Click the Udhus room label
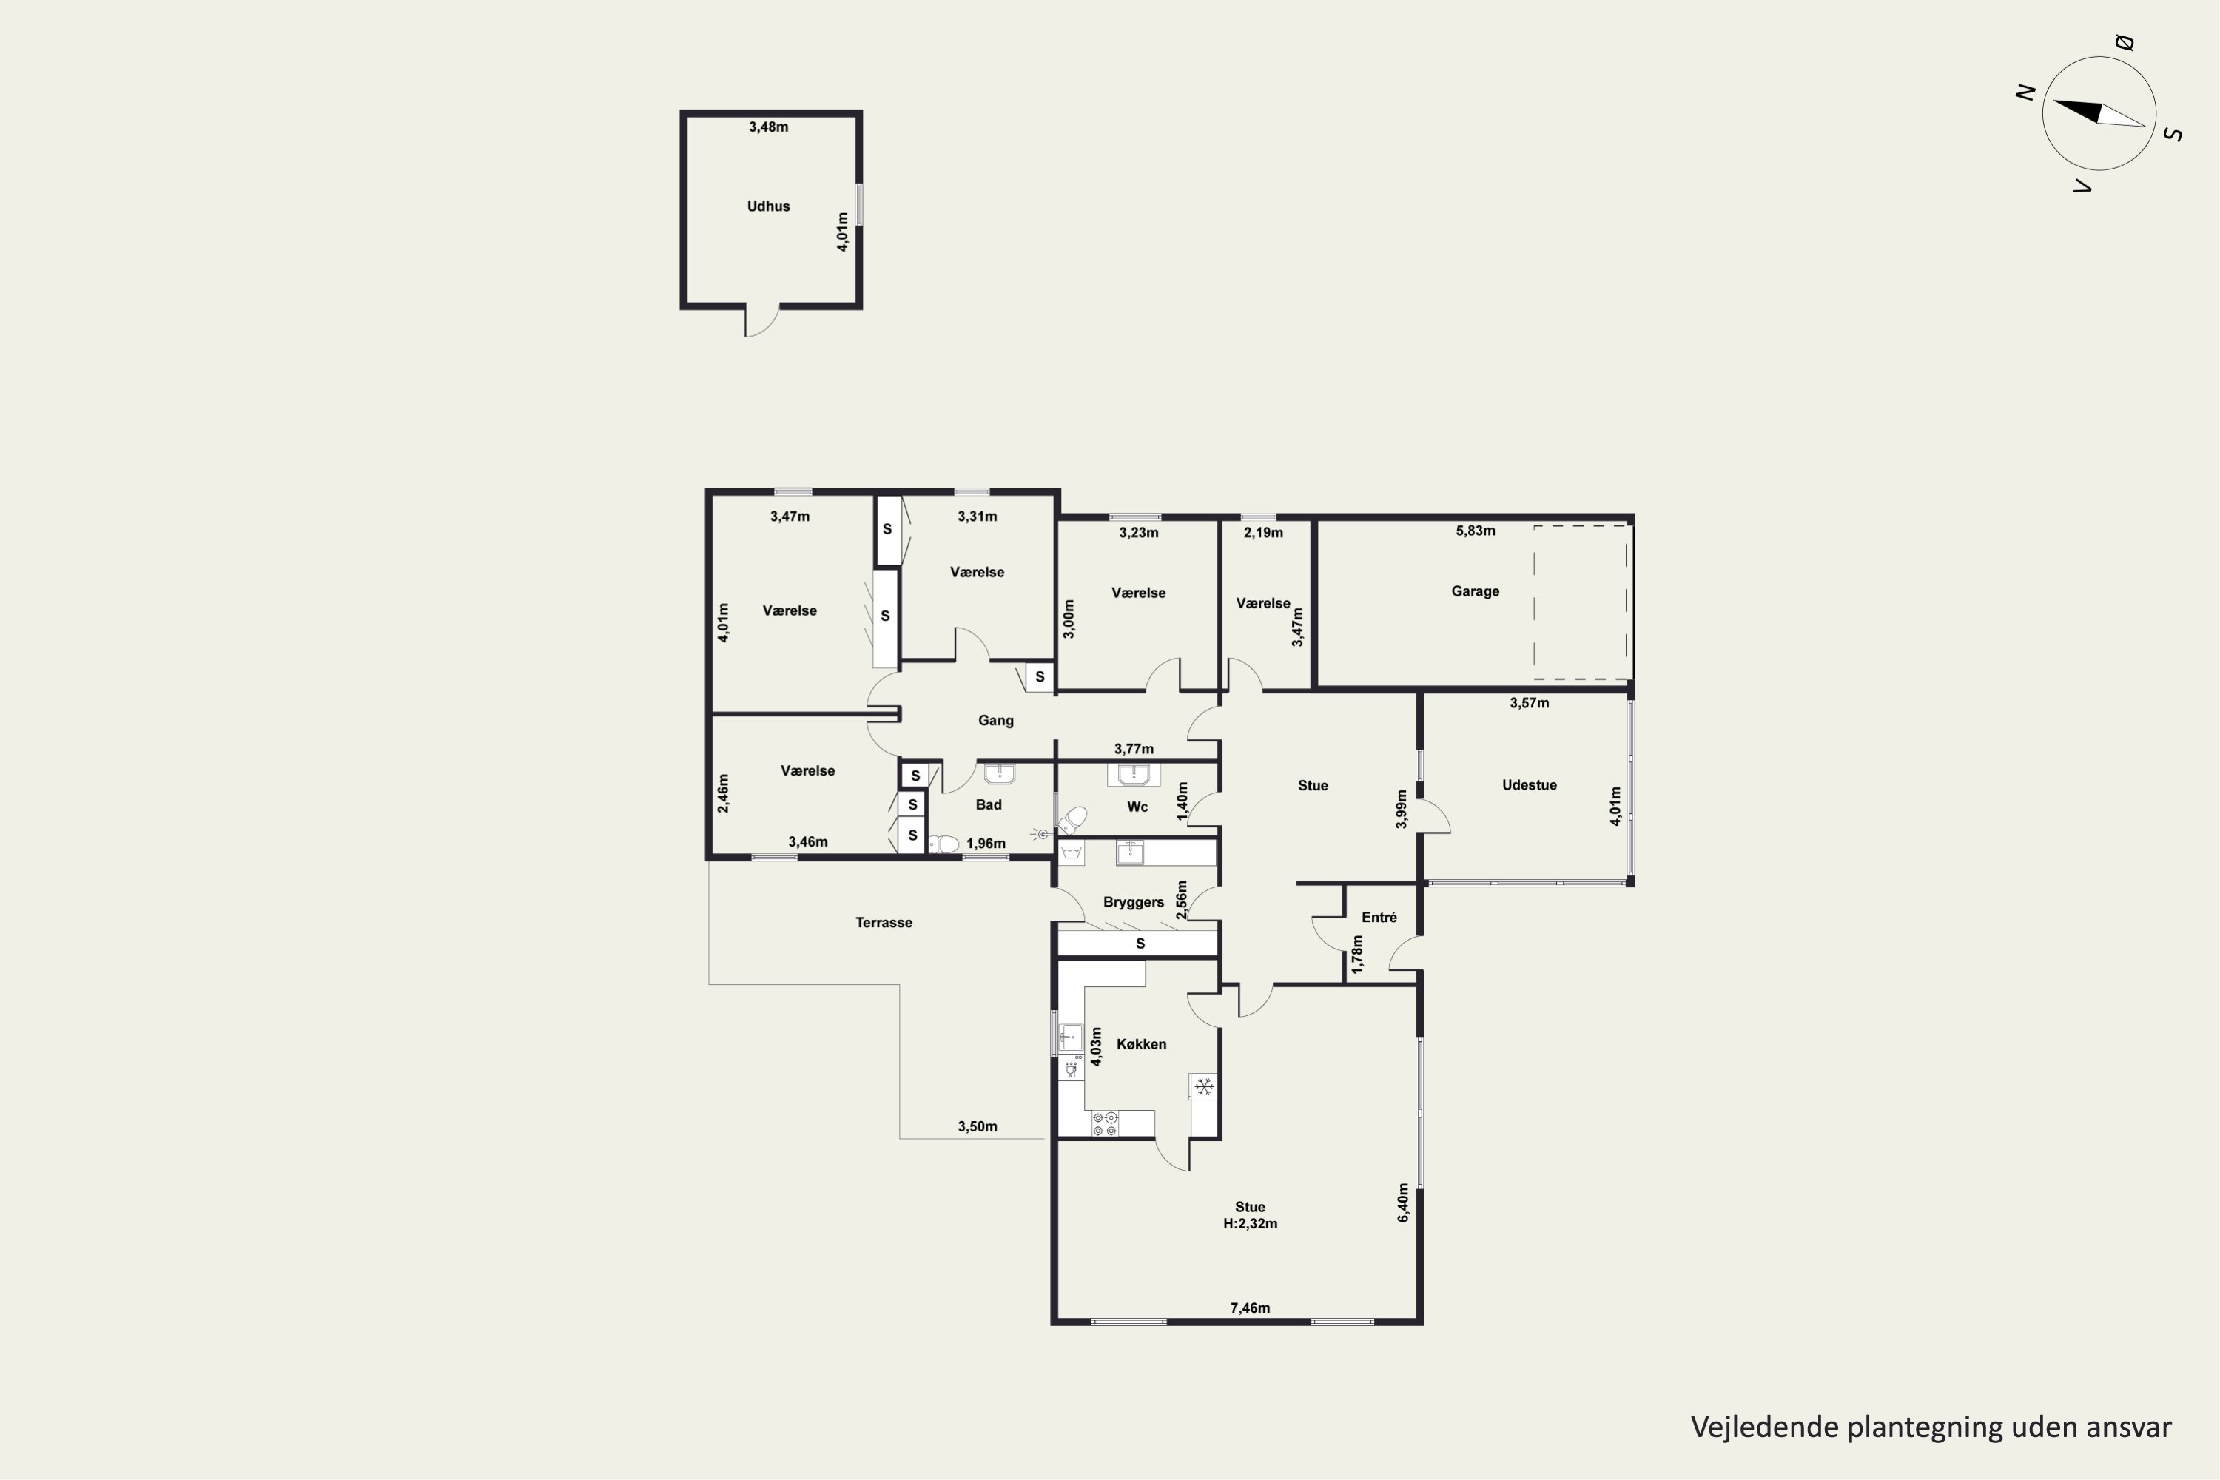click(x=768, y=206)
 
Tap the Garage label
click(x=1476, y=591)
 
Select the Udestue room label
click(x=1529, y=784)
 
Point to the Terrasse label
click(x=884, y=922)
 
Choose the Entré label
click(x=1379, y=917)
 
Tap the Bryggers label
click(x=1134, y=902)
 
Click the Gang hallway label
click(x=996, y=720)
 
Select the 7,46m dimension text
click(x=1250, y=1308)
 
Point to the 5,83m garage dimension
click(x=1476, y=531)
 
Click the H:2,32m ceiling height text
click(x=1250, y=1223)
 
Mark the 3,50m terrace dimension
click(x=977, y=1126)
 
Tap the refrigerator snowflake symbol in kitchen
click(x=1203, y=1086)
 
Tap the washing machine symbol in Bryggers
click(x=1070, y=852)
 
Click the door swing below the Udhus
click(x=763, y=321)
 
